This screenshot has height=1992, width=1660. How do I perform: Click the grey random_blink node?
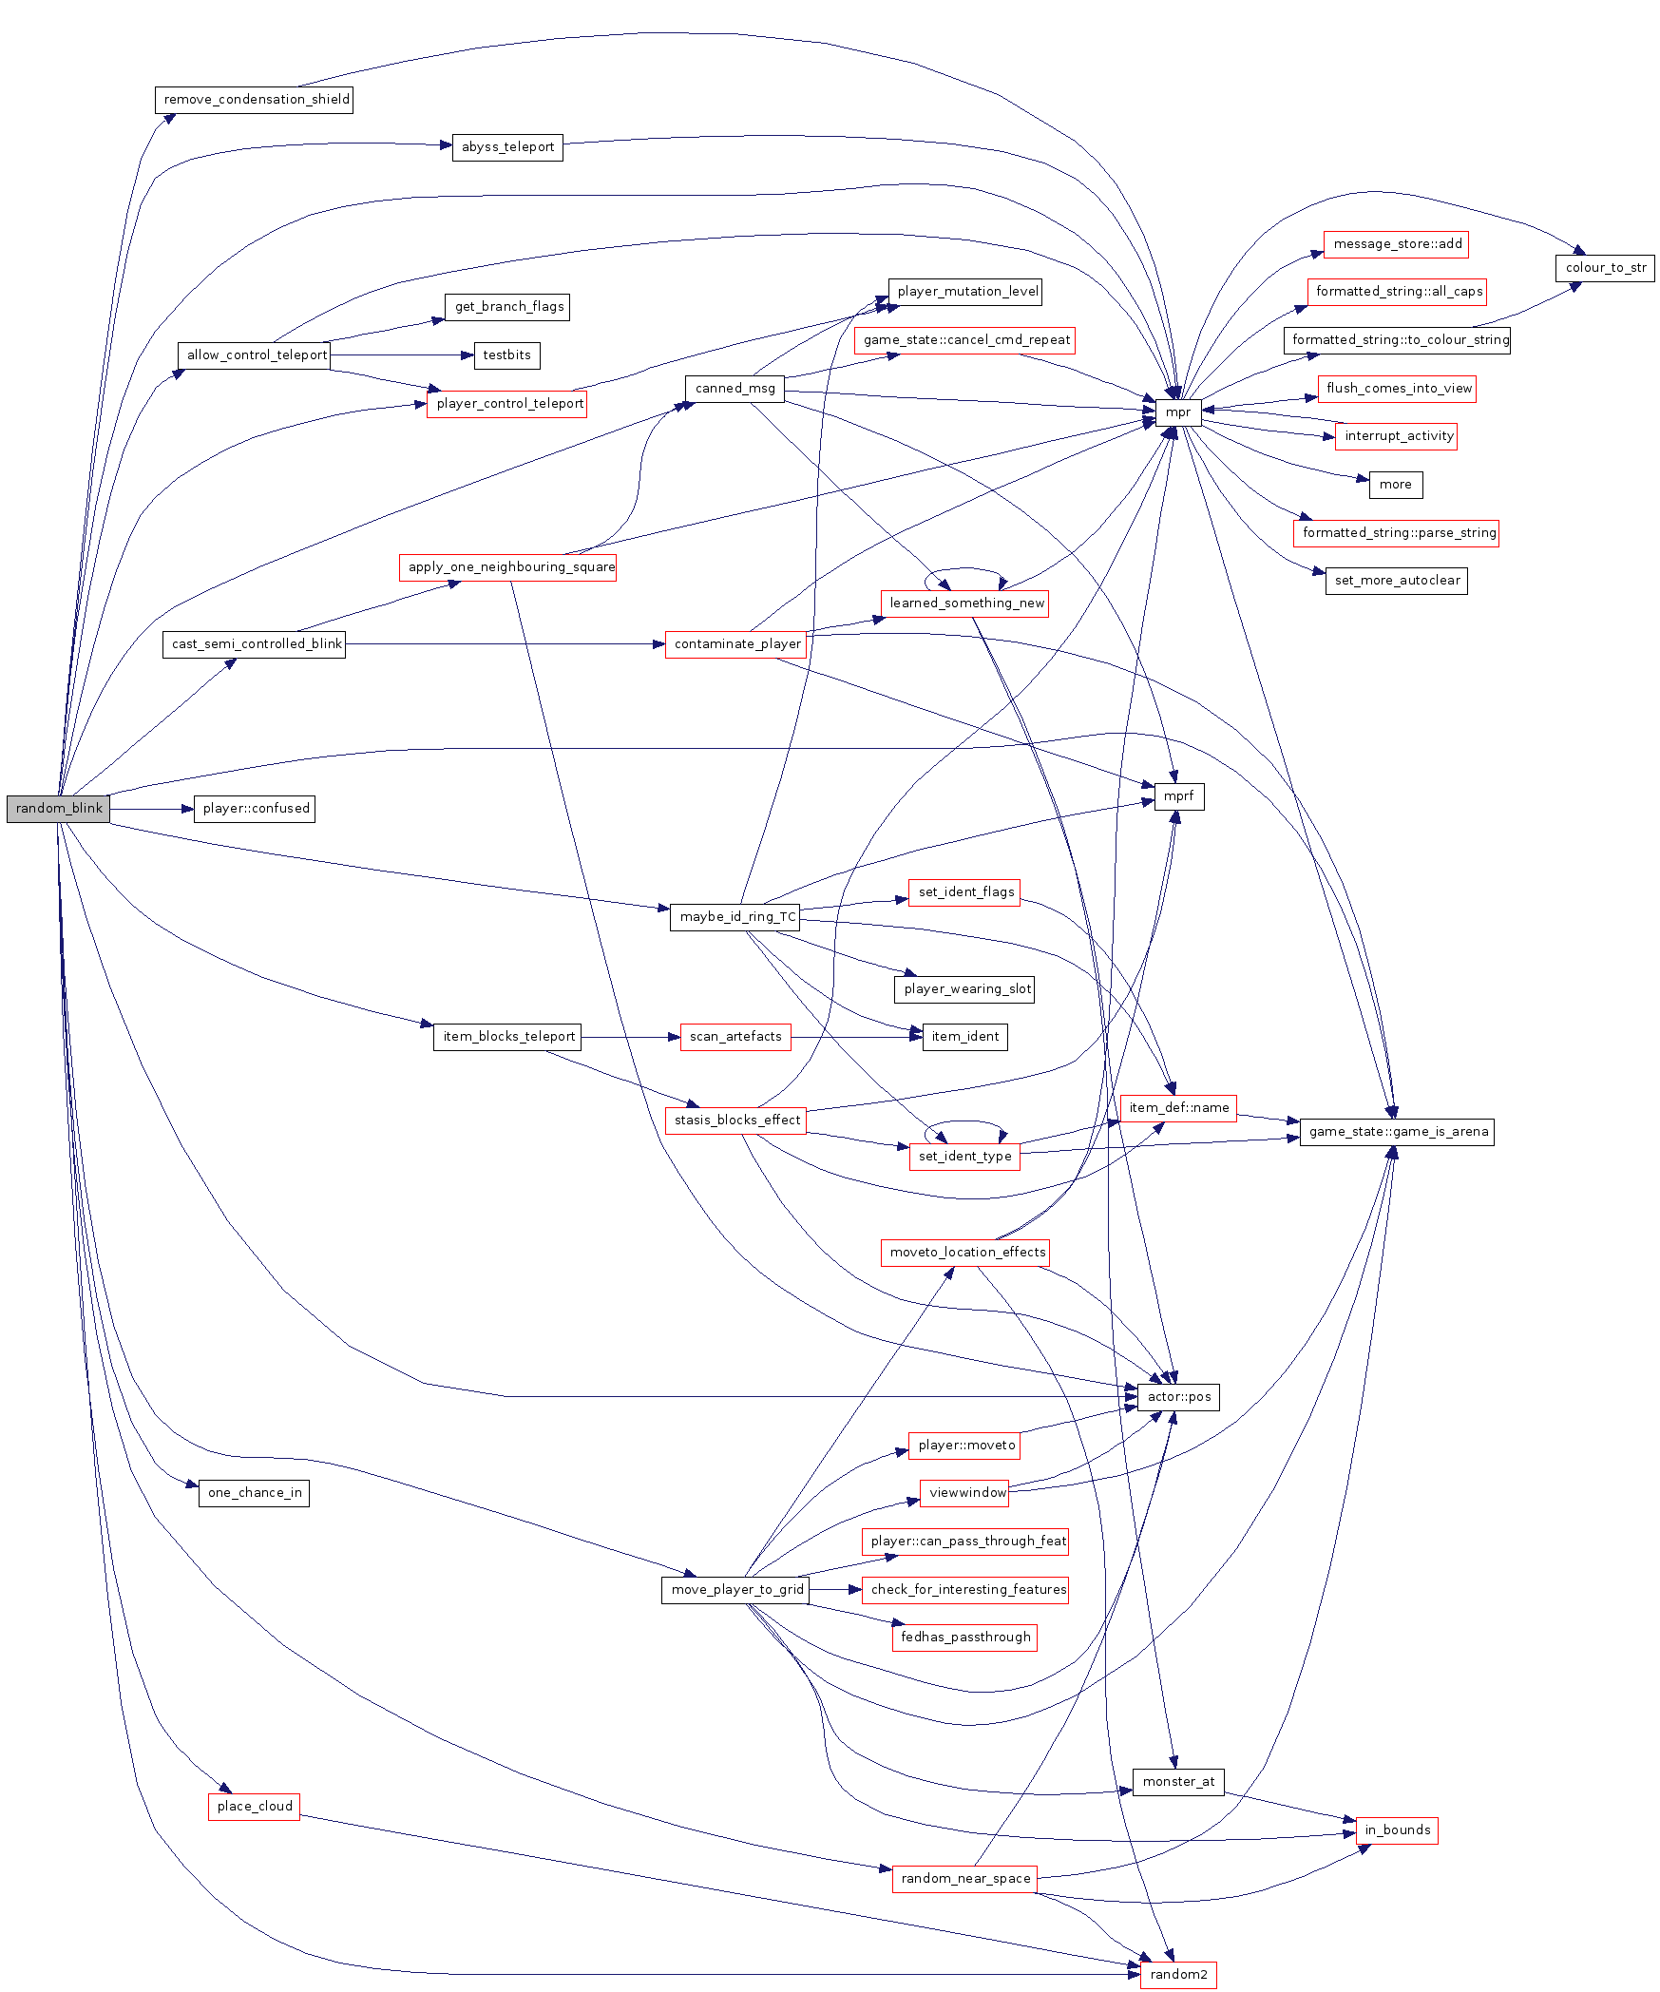tap(59, 809)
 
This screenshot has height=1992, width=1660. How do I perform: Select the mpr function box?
tap(1177, 412)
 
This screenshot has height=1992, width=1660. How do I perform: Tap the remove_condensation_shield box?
tap(255, 100)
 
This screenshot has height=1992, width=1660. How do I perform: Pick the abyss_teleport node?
tap(507, 147)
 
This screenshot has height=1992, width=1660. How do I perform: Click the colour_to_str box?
tap(1605, 268)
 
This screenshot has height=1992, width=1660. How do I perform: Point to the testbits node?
tap(506, 355)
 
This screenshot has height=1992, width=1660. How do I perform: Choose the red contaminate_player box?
tap(736, 644)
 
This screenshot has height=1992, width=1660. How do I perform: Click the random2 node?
tap(1178, 1975)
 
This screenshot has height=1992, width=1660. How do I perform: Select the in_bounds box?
tap(1397, 1830)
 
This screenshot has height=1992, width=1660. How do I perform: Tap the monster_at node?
tap(1178, 1782)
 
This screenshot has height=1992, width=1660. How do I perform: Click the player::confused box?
tap(255, 809)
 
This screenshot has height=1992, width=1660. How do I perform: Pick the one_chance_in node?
tap(254, 1493)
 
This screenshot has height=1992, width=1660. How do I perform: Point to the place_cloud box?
tap(255, 1807)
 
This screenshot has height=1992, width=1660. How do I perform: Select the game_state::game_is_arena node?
tap(1397, 1132)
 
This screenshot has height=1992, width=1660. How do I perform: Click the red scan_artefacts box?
tap(735, 1037)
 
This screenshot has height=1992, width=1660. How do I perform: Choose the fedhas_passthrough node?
tap(964, 1638)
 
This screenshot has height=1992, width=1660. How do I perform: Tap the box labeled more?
tap(1395, 485)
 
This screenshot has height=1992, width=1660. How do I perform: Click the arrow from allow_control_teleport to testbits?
tap(399, 355)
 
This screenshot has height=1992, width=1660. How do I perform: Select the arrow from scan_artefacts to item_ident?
tap(855, 1037)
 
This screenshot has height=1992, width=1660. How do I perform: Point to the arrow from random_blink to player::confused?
tap(152, 809)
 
